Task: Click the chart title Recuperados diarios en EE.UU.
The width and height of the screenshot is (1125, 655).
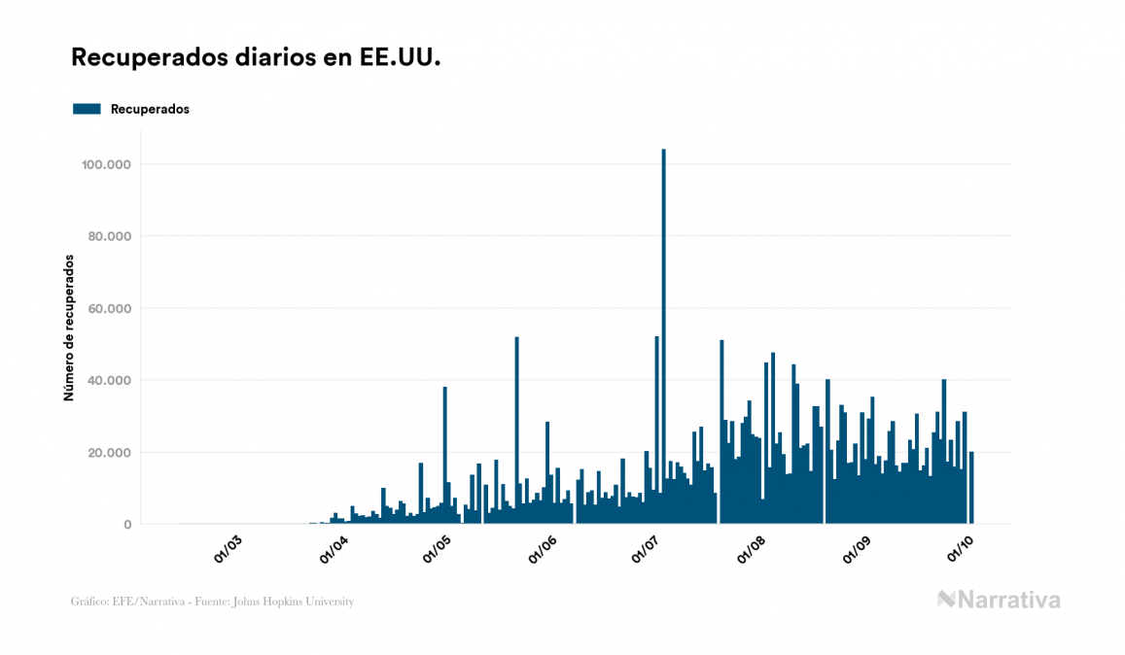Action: pos(256,58)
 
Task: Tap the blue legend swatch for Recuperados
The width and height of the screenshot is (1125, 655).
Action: pos(87,109)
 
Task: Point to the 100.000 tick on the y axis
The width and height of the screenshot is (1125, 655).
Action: pos(108,164)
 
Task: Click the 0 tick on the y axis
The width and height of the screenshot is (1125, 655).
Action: pos(127,524)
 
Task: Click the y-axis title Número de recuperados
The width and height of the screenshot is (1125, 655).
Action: pos(69,327)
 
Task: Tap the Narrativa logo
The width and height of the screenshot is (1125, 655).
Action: pos(999,600)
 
